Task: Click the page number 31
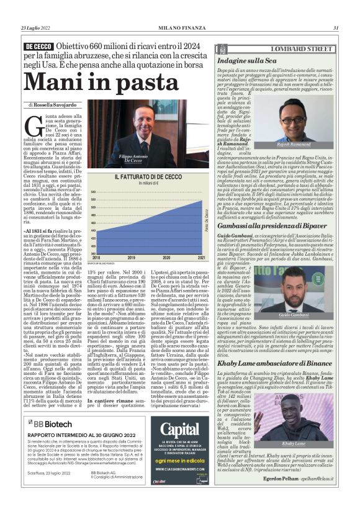pos(335,27)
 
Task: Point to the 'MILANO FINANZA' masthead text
pos(179,27)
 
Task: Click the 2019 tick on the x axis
pos(135,256)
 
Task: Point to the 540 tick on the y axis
pos(93,191)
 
